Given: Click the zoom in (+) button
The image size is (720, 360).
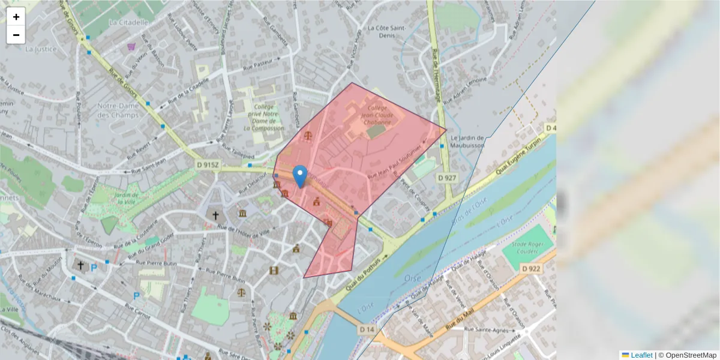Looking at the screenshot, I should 16,17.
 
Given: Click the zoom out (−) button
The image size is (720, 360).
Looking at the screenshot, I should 16,35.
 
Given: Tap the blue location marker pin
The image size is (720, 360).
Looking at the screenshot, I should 300,176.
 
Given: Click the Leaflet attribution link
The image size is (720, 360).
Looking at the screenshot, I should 641,355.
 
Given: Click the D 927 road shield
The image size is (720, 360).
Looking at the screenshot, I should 447,178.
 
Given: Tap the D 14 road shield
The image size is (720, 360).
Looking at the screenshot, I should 367,329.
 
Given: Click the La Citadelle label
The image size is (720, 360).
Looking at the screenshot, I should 128,22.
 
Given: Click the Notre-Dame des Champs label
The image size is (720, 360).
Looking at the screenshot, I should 118,110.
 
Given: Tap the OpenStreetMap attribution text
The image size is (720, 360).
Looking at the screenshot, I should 691,355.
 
